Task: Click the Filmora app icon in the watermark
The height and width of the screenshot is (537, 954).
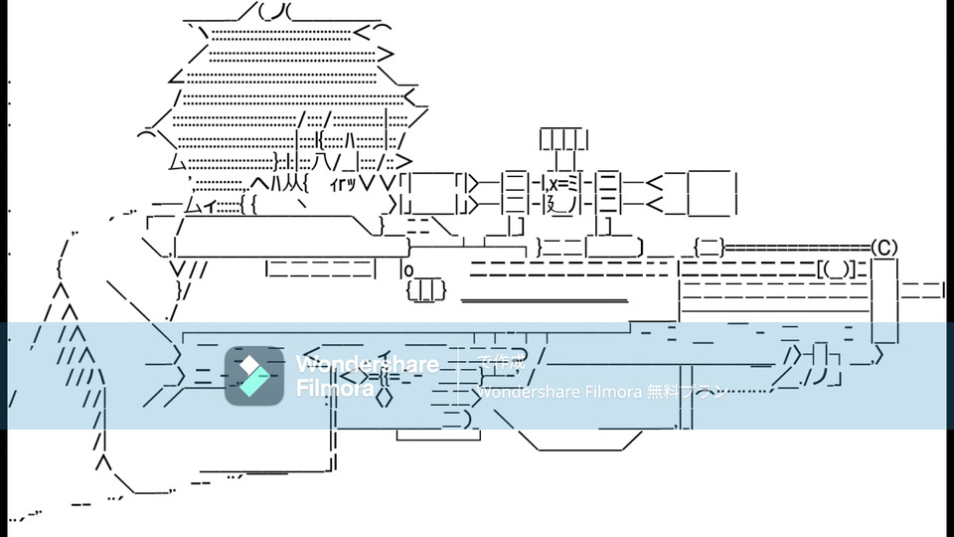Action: coord(254,376)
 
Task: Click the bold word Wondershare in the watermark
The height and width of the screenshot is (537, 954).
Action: coord(367,364)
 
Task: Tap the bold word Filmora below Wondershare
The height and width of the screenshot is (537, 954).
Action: coord(335,388)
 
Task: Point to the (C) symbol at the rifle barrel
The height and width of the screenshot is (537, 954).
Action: coord(883,247)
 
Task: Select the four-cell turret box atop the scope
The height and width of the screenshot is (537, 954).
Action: coord(563,139)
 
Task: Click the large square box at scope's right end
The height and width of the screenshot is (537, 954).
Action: coord(712,193)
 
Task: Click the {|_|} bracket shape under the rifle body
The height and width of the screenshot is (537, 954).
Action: coord(426,289)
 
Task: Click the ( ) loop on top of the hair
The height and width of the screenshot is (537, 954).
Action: coord(273,12)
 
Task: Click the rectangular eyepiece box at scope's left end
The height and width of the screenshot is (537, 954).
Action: coord(429,193)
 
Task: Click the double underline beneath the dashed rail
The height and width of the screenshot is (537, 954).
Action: coord(544,300)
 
